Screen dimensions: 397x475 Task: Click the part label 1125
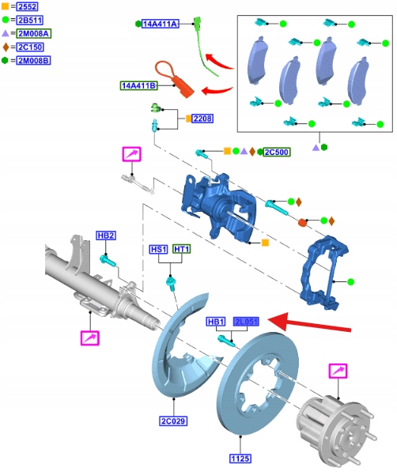pos(240,458)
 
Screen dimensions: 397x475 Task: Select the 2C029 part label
pos(173,420)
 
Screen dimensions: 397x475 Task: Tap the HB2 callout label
pos(106,236)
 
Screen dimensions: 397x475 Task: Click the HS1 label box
pos(159,249)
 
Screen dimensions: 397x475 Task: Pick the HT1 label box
pos(182,249)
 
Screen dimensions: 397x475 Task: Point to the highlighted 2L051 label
pos(246,322)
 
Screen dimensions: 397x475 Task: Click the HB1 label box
pos(216,322)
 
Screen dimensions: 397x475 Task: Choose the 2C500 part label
pos(276,152)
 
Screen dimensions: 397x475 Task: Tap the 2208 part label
pos(202,119)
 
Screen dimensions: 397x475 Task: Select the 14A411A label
pos(160,24)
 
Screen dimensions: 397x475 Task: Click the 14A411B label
pos(139,85)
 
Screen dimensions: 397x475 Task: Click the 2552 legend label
pos(27,6)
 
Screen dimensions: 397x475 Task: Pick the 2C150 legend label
pos(30,47)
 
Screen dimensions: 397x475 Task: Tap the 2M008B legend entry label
pos(33,60)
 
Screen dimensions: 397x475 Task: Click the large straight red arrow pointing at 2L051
pos(309,323)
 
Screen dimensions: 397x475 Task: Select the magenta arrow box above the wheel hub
pos(338,371)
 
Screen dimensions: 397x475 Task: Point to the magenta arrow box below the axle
pos(90,338)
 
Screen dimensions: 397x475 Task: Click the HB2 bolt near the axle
pos(108,261)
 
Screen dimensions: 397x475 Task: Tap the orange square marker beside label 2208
pos(188,119)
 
